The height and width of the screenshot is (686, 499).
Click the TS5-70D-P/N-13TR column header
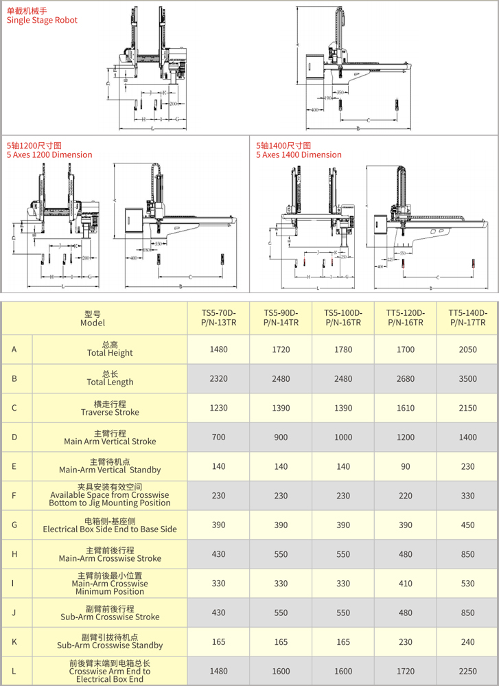(x=218, y=317)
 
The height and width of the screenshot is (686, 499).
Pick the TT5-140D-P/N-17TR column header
(x=467, y=317)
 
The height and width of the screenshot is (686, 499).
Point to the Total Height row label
(x=110, y=350)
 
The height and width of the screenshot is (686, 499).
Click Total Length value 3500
(x=467, y=379)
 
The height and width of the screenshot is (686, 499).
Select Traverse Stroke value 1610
(x=406, y=408)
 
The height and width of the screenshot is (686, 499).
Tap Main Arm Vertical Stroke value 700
(x=218, y=437)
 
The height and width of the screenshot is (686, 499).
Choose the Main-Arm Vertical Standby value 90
(x=406, y=467)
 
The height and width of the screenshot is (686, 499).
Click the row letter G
(x=14, y=525)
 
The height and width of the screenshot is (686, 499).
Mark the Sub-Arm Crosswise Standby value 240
(x=467, y=641)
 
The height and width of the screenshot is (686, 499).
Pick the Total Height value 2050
(x=467, y=350)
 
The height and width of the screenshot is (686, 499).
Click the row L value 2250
(x=467, y=671)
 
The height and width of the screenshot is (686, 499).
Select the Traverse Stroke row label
(x=110, y=408)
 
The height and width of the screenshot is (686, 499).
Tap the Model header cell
(x=93, y=317)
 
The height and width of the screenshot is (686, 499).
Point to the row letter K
(x=14, y=641)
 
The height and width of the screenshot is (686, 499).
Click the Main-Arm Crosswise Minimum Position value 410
(x=406, y=584)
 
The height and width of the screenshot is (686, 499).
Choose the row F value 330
(x=467, y=496)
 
